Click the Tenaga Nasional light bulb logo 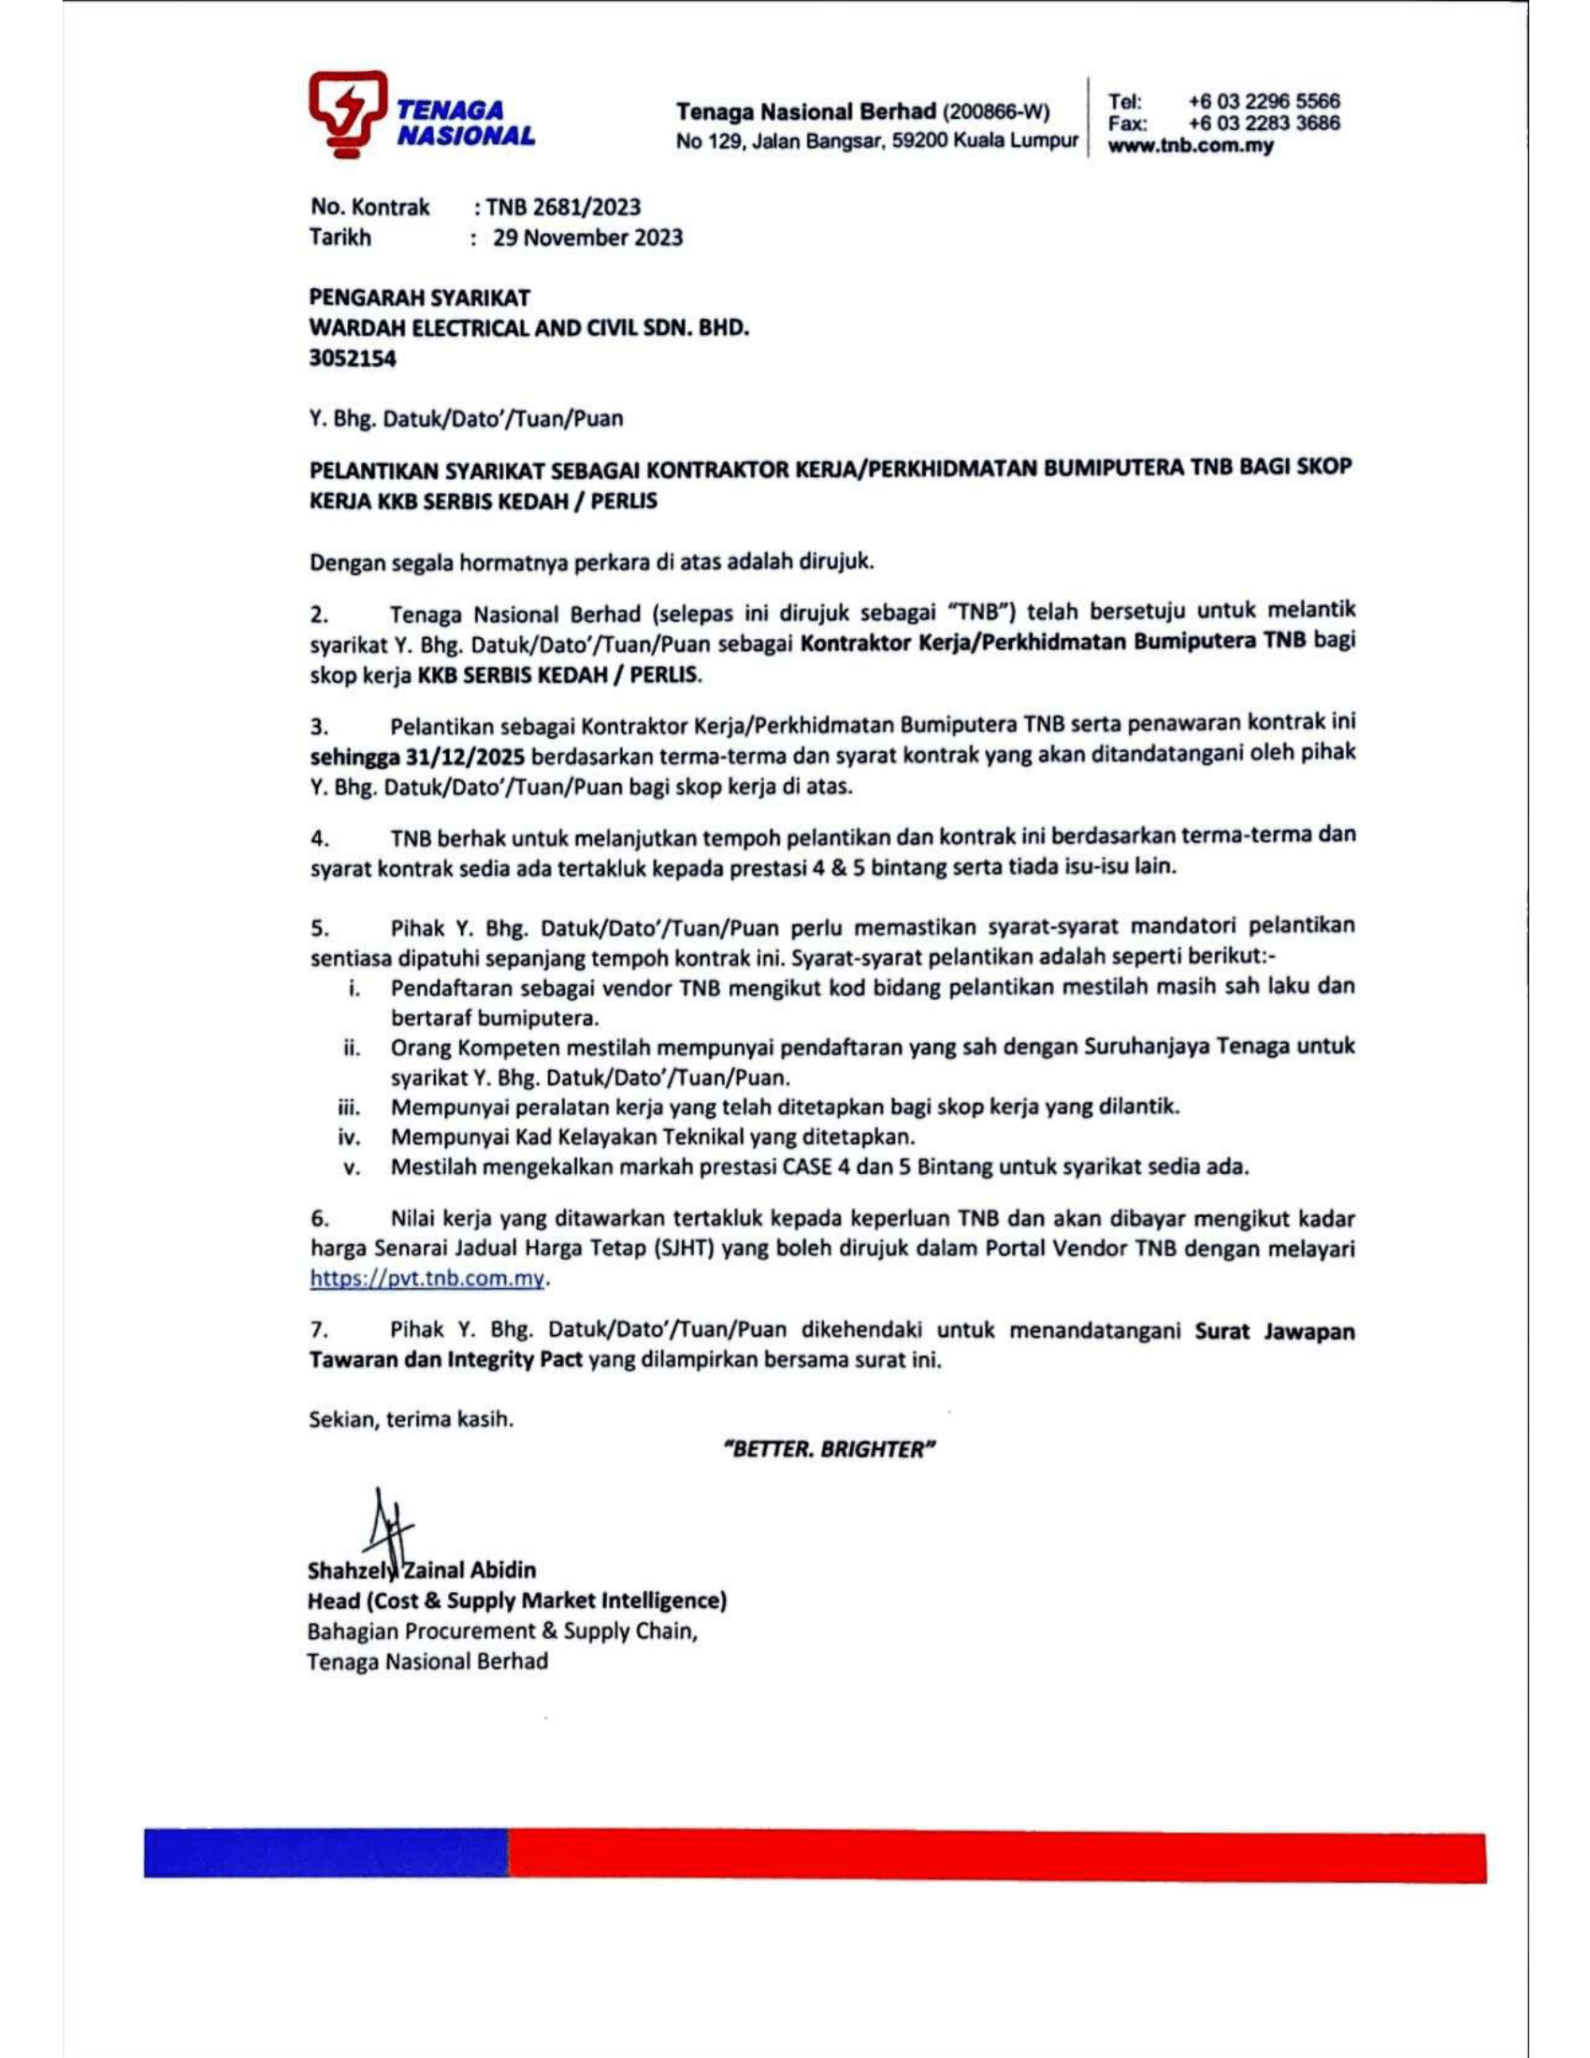pos(346,113)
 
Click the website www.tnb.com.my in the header pos(1191,146)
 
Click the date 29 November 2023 pos(587,238)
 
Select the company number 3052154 pos(354,359)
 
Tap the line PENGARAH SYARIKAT pos(420,297)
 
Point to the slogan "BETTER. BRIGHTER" pos(828,1449)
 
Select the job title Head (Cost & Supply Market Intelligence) pos(516,1601)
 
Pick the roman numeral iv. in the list pos(350,1138)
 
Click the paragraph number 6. pos(319,1219)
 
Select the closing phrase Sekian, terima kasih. pos(412,1419)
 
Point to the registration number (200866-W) pos(996,112)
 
